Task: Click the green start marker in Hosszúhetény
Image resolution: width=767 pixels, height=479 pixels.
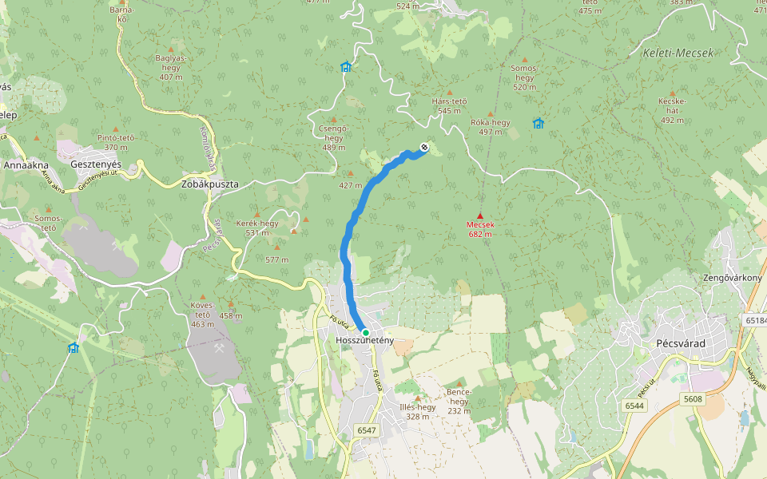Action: (x=365, y=332)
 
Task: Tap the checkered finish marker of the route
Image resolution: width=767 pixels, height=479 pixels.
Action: (x=423, y=147)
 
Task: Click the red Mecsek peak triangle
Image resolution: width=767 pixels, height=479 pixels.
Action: (x=480, y=216)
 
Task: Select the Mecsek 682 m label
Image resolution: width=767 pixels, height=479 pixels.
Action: (x=480, y=230)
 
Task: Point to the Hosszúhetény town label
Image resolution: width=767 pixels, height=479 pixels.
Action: (x=365, y=342)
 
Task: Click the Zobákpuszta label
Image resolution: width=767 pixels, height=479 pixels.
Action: (x=210, y=184)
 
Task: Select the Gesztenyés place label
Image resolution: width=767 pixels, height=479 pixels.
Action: (x=96, y=164)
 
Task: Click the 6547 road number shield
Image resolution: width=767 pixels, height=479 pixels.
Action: (x=366, y=430)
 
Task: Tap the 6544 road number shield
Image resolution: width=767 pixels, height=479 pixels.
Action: (x=634, y=406)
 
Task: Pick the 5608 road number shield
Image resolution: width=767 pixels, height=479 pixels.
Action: (x=693, y=398)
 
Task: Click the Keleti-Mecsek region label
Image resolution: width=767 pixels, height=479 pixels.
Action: (x=678, y=53)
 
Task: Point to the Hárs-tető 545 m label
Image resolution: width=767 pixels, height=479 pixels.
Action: (x=449, y=105)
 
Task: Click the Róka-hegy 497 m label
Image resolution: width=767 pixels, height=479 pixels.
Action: (x=491, y=127)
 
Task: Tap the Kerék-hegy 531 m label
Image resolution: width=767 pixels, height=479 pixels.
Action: (x=257, y=228)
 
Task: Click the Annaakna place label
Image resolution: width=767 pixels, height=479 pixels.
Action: (x=27, y=165)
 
